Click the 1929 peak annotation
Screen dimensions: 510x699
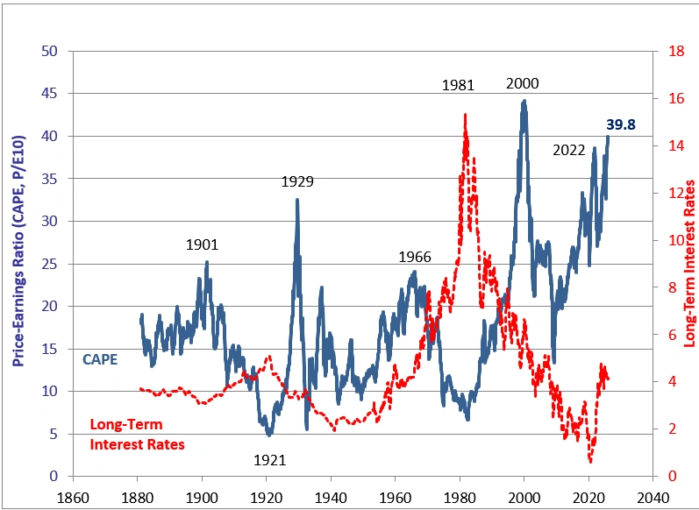point(297,182)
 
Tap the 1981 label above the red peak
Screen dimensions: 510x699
point(458,85)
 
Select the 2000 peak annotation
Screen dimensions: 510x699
point(523,84)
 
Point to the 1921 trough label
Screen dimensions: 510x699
point(270,459)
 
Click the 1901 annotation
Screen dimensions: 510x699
point(202,245)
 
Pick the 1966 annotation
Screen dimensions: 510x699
point(415,258)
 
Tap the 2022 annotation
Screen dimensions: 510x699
point(568,150)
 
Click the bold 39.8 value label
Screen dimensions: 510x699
point(620,125)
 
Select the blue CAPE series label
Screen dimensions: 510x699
point(100,359)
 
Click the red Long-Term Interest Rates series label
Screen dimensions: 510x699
point(138,435)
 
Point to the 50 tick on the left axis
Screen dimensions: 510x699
point(50,51)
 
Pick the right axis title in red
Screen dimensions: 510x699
point(688,263)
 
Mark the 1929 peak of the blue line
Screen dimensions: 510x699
point(297,200)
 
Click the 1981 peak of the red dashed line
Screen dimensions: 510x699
point(465,115)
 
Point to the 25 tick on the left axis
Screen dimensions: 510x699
point(50,264)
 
